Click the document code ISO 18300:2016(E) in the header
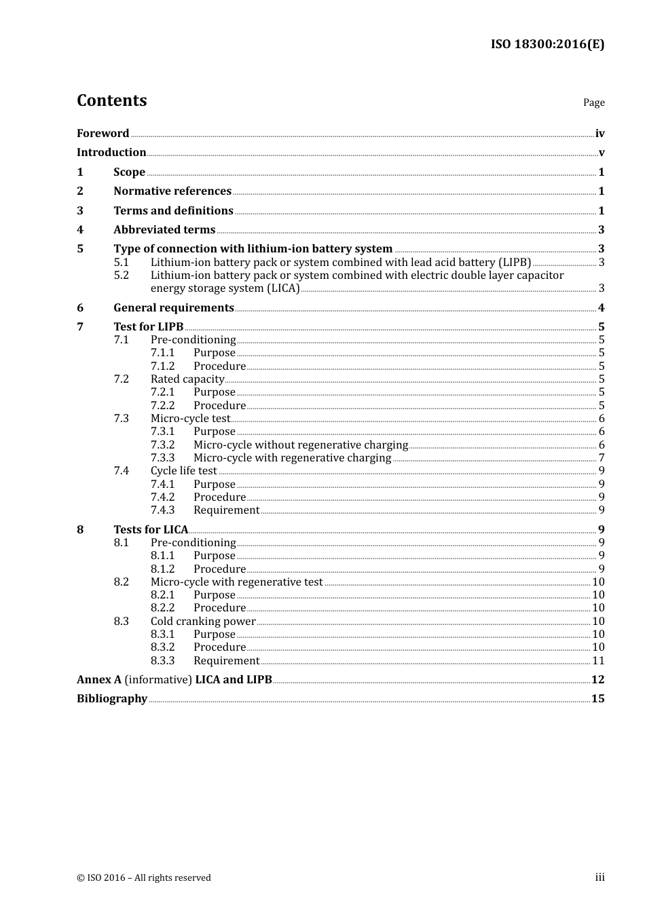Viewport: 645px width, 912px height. [547, 45]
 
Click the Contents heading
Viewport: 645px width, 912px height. [111, 100]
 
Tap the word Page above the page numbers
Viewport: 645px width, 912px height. [593, 102]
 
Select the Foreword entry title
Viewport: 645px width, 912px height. [103, 134]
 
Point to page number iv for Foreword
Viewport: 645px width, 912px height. [600, 134]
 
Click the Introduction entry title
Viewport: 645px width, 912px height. [111, 153]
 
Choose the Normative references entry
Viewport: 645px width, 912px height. [172, 191]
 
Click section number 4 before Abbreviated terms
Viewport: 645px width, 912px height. [80, 230]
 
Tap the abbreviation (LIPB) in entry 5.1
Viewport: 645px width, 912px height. [515, 263]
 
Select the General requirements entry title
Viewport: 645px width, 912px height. [174, 308]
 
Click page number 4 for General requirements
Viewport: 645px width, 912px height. [601, 308]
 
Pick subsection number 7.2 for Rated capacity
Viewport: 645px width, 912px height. [122, 379]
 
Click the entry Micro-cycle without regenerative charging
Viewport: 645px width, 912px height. [301, 445]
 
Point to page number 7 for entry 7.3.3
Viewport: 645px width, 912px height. [602, 458]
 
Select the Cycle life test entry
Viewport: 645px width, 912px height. [184, 471]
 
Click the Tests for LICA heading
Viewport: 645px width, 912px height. [151, 530]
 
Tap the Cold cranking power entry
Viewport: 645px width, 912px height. [203, 622]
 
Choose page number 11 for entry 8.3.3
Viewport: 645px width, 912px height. [598, 661]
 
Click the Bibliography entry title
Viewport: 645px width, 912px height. [112, 699]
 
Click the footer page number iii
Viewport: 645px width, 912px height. [600, 877]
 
